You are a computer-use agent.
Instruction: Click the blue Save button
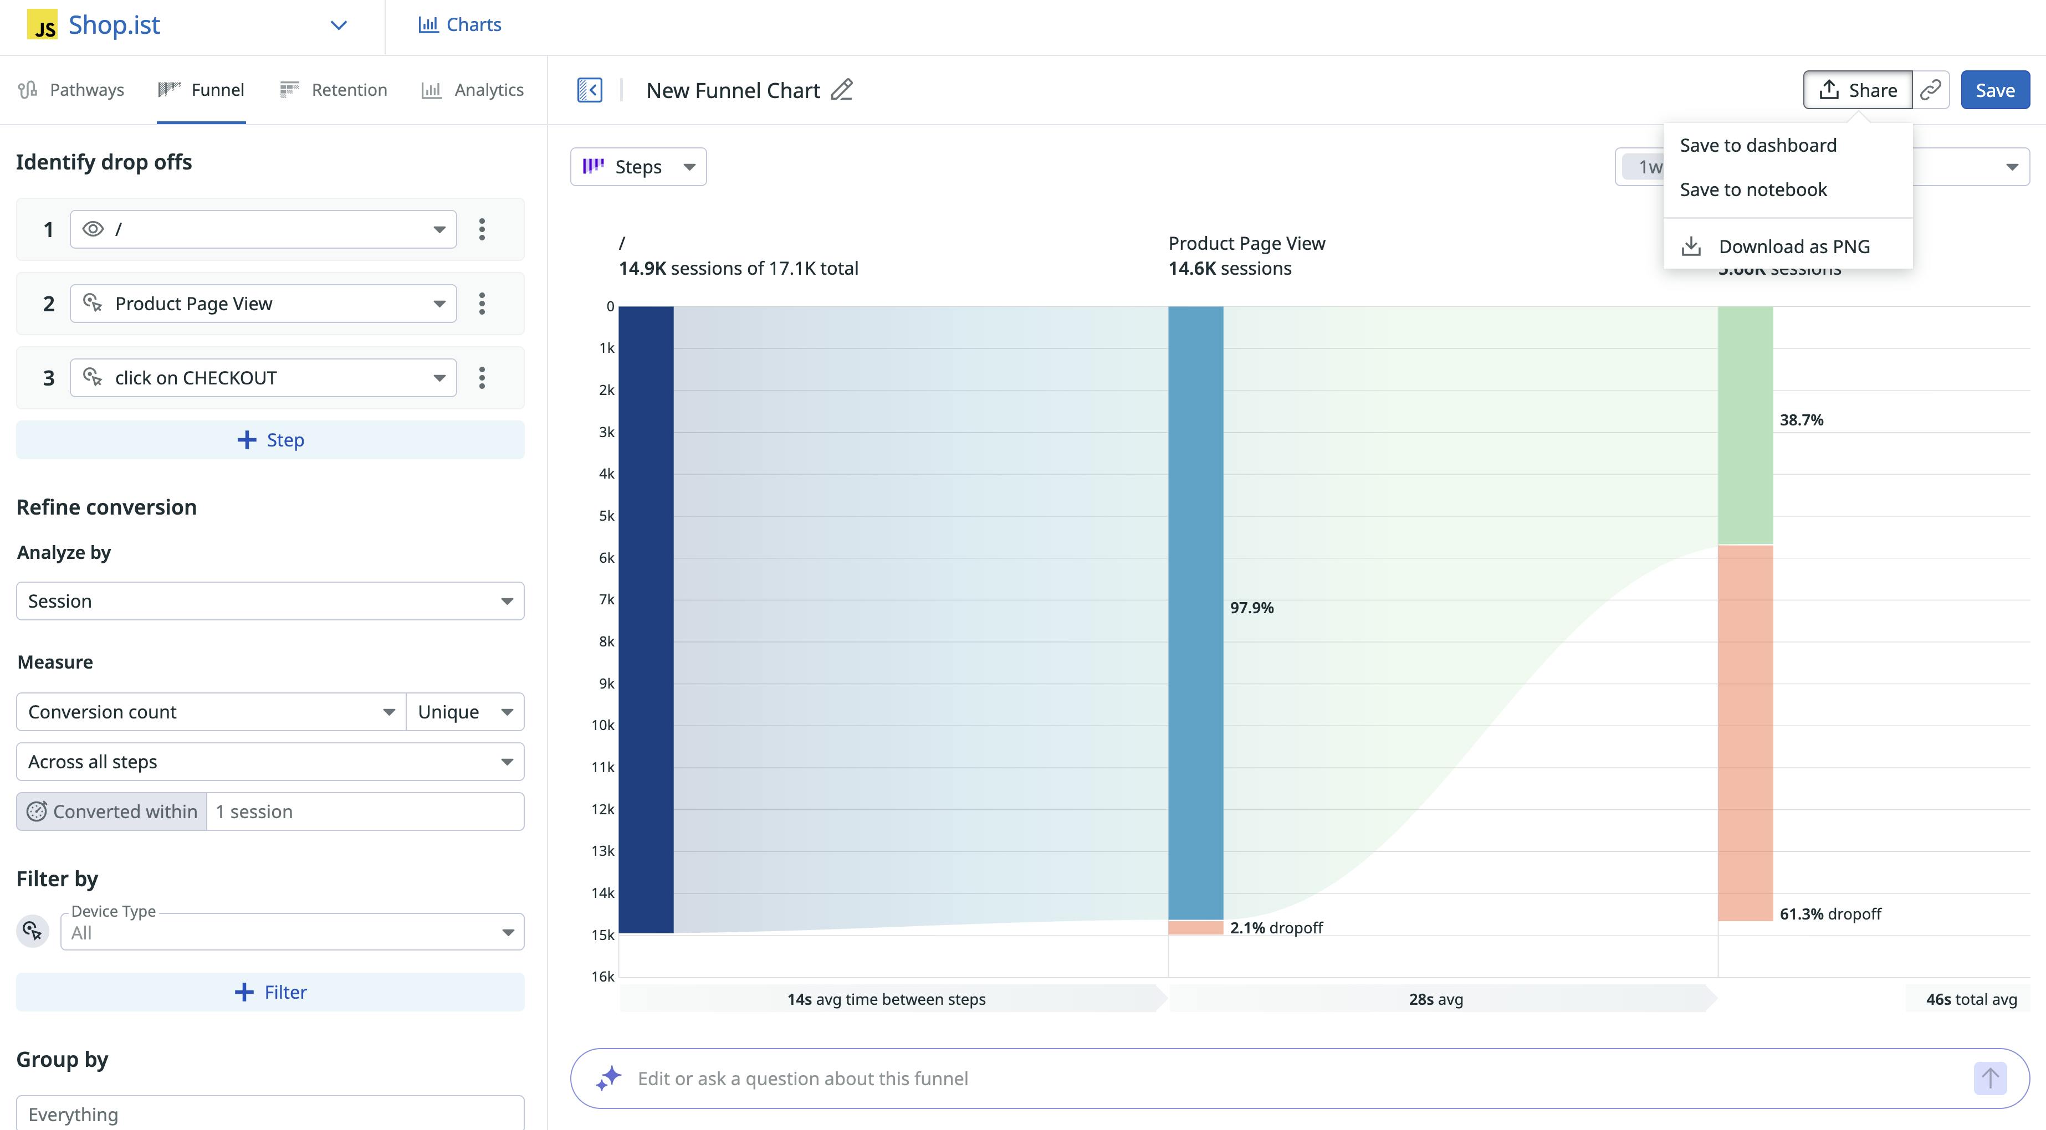tap(1994, 90)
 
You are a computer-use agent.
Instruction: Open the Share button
tap(1857, 90)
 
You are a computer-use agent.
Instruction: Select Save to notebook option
tap(1753, 190)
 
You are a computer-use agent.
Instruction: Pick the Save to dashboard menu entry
tap(1758, 145)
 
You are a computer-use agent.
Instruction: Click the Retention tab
tap(334, 90)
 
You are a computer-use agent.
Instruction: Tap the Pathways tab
tap(71, 90)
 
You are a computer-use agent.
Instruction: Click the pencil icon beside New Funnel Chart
tap(842, 90)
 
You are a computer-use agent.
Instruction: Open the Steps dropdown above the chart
tap(638, 167)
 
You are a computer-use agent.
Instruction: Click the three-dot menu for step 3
tap(482, 378)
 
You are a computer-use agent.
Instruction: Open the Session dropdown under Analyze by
tap(270, 601)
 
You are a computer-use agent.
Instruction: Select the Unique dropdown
tap(464, 711)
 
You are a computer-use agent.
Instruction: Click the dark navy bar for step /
tap(646, 619)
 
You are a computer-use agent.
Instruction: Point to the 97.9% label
tap(1252, 608)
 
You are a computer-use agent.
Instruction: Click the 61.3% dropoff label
tap(1830, 914)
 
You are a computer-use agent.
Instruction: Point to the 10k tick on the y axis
tap(603, 725)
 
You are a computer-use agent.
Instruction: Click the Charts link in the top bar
tap(460, 24)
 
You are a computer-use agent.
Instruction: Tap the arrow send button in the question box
tap(1989, 1078)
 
